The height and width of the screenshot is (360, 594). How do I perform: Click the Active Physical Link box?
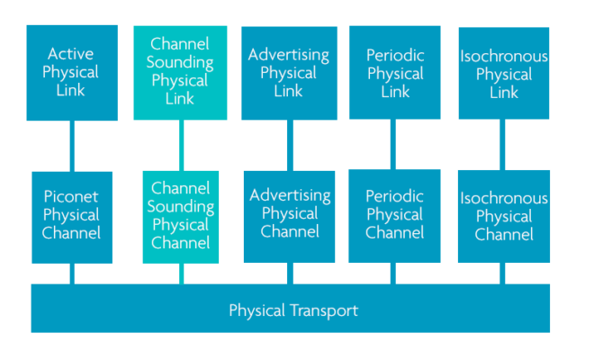tap(72, 73)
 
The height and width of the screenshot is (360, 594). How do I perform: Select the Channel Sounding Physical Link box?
tap(180, 73)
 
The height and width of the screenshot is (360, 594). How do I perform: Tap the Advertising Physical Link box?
tap(289, 73)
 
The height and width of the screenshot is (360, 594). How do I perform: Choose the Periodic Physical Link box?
tap(395, 73)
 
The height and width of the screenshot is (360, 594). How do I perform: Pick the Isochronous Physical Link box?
tap(504, 73)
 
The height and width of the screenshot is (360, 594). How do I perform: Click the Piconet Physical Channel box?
tap(72, 217)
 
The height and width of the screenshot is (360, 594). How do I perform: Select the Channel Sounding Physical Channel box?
tap(180, 217)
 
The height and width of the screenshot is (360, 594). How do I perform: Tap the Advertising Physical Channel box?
tap(289, 217)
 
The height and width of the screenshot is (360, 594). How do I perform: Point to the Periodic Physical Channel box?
tap(395, 217)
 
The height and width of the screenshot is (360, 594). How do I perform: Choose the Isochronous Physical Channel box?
tap(504, 217)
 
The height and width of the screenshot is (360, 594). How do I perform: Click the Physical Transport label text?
tap(293, 310)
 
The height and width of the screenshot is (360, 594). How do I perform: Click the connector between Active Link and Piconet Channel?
tap(72, 146)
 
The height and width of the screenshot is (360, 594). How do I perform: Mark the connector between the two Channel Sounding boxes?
tap(181, 146)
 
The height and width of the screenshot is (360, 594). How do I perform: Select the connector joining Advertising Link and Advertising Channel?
tap(289, 146)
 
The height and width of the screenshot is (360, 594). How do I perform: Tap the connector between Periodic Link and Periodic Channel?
tap(393, 146)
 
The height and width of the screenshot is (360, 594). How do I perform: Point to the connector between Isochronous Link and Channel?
tap(502, 146)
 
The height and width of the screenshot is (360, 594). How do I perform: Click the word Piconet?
tap(72, 195)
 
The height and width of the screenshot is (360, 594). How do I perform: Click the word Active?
tap(72, 53)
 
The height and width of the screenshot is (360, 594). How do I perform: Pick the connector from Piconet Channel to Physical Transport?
tap(72, 274)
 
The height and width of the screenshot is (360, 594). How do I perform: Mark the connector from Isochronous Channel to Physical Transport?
tap(502, 274)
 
